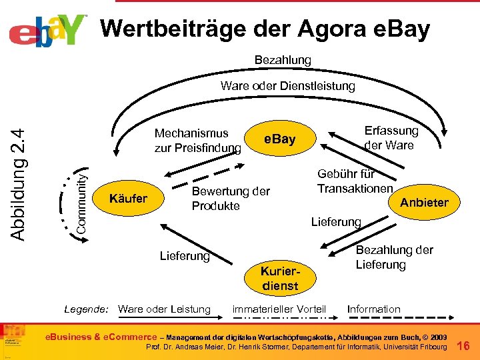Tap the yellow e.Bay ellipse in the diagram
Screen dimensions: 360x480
tap(279, 139)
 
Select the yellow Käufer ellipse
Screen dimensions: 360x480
tap(128, 198)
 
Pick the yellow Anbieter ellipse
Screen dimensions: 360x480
tap(424, 202)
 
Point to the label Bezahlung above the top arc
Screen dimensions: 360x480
tap(283, 60)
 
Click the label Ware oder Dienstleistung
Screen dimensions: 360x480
tap(287, 86)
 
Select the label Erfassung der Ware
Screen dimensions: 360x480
tap(391, 138)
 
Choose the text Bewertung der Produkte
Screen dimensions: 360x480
tap(231, 199)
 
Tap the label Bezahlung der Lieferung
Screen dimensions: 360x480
tap(394, 257)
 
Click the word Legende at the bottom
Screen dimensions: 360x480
tap(86, 309)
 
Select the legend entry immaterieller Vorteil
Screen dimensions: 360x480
tap(279, 309)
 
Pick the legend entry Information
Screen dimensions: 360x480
tap(373, 309)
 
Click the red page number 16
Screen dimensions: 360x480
tap(465, 345)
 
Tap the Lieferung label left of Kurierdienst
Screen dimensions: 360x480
tap(185, 255)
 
